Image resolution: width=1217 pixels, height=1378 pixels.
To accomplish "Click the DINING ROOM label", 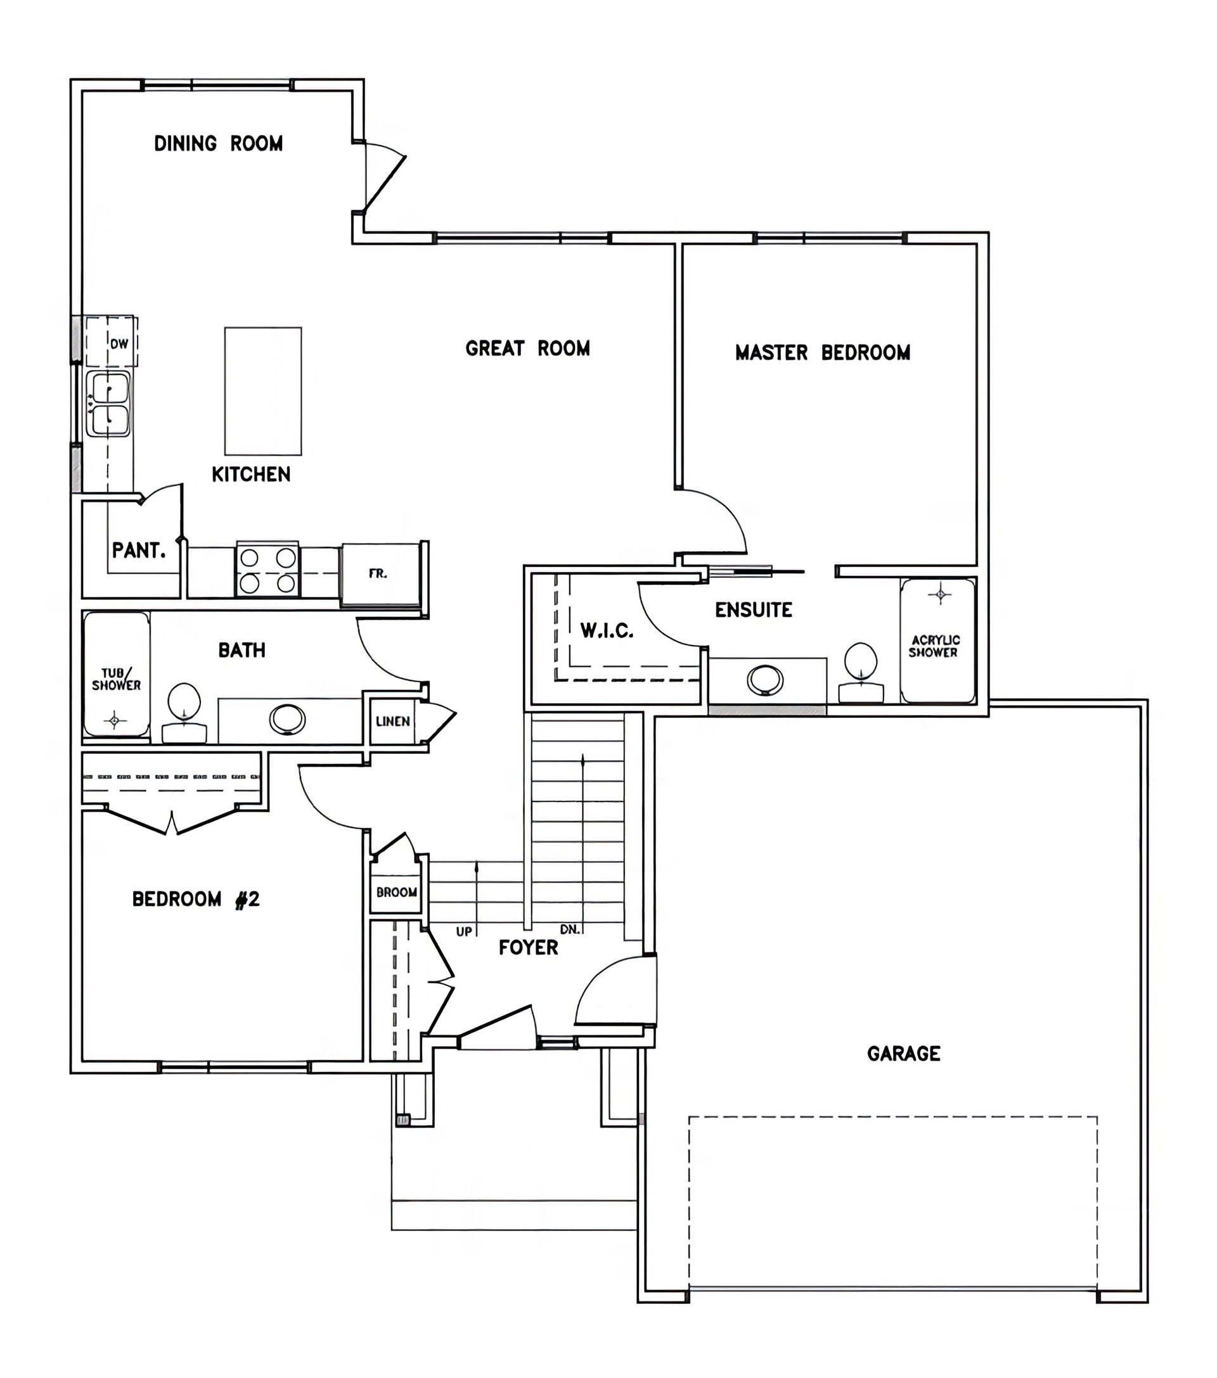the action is (x=218, y=144).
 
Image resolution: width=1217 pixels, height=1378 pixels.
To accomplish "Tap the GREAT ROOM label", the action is (x=527, y=348).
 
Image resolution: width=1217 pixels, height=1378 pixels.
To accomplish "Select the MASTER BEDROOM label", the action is (x=822, y=353).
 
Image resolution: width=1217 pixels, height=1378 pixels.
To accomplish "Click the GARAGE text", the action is (x=903, y=1054).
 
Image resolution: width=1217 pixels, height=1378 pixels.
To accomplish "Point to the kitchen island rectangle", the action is (x=263, y=391).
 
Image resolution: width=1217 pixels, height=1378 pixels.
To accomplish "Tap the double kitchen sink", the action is (x=108, y=404).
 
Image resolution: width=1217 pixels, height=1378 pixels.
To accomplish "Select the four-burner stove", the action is (x=267, y=570).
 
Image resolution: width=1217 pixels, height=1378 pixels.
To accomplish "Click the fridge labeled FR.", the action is (x=382, y=575).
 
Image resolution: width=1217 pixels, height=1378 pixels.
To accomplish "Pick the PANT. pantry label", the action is (x=139, y=551).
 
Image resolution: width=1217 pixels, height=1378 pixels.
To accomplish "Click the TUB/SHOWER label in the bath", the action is (x=116, y=679).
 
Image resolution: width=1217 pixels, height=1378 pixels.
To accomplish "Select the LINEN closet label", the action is (x=392, y=722).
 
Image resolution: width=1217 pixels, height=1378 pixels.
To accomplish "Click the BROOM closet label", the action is (x=397, y=893).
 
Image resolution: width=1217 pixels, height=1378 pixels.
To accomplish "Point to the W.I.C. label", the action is (x=607, y=630).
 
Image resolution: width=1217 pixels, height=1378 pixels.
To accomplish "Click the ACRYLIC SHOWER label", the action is (x=935, y=646).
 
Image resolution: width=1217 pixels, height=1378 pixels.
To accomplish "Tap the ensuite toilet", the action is (x=861, y=673).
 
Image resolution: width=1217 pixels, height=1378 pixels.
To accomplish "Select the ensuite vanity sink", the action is (x=765, y=680).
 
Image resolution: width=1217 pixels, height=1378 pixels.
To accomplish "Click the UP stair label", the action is (x=464, y=932).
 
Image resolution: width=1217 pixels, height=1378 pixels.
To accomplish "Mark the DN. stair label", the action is (x=570, y=929).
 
